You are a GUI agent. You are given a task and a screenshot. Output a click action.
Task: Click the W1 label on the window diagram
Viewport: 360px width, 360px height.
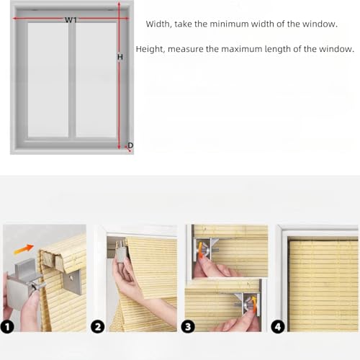tap(71, 20)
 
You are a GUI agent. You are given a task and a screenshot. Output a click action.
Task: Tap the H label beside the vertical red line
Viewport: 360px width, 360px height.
tap(120, 56)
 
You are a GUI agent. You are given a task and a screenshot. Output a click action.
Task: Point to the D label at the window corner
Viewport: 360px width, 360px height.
tap(130, 145)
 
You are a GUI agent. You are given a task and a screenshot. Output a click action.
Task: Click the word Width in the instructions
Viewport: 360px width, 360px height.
tap(158, 24)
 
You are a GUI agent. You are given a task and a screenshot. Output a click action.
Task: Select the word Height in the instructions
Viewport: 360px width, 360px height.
tap(159, 50)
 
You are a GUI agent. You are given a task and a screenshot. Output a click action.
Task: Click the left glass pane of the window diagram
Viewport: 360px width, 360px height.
tap(48, 79)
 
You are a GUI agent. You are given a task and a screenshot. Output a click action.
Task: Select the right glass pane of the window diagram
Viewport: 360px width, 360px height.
tap(96, 79)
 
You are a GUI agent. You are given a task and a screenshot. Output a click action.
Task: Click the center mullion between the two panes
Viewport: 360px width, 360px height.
tap(71, 79)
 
